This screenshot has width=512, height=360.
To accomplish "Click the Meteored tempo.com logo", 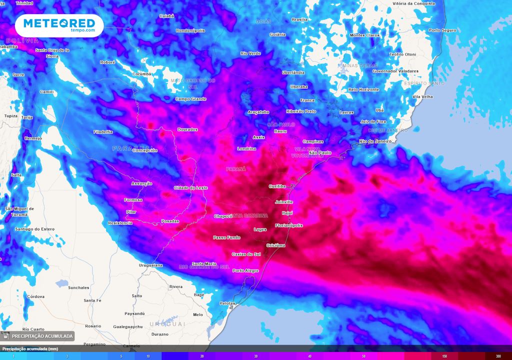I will pos(59,25).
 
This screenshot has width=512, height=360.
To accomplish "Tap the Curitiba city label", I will pos(277,186).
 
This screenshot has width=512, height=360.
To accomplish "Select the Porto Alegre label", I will pos(245,270).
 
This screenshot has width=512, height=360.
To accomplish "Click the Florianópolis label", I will pos(289,225).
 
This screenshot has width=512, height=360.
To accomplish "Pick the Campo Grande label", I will pos(190,98).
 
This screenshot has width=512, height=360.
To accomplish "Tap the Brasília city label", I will pos(299,19).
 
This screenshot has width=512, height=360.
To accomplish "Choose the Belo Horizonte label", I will pos(363,89).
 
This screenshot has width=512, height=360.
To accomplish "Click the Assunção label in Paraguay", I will pos(141,183).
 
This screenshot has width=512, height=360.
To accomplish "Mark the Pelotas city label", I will pos(227,303).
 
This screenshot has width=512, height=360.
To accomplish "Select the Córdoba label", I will pos(35,296).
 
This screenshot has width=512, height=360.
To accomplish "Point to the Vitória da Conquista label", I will pos(414,3).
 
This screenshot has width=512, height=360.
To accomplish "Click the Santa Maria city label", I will pos(204,263).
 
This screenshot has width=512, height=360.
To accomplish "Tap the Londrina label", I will pos(246,148).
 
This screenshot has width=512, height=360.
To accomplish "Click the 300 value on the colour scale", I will pos(498,356).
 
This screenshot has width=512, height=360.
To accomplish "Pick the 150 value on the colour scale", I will pos(444,356).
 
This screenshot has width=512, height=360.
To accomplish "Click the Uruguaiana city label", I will pos(150,265).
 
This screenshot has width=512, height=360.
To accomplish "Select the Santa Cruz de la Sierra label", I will pos(52,53).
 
